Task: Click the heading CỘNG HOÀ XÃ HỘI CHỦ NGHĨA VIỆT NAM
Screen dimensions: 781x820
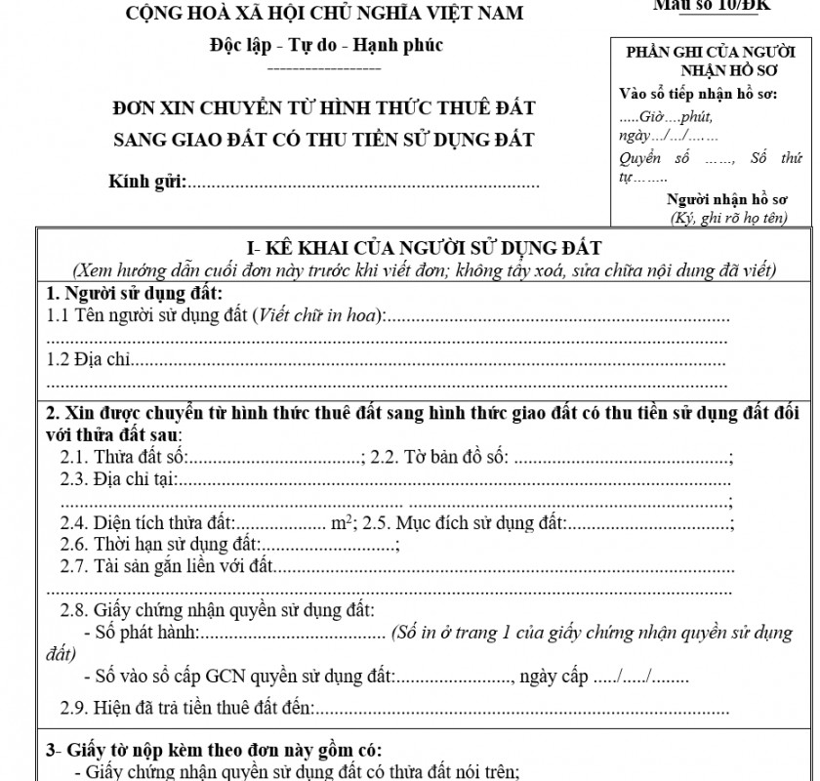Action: coord(323,13)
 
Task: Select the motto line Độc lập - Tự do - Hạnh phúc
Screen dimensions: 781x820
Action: coord(325,45)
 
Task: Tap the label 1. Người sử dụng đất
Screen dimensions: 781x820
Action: coord(134,294)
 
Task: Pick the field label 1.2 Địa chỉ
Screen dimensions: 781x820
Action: coord(88,360)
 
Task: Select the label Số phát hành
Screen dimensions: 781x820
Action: coord(151,634)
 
